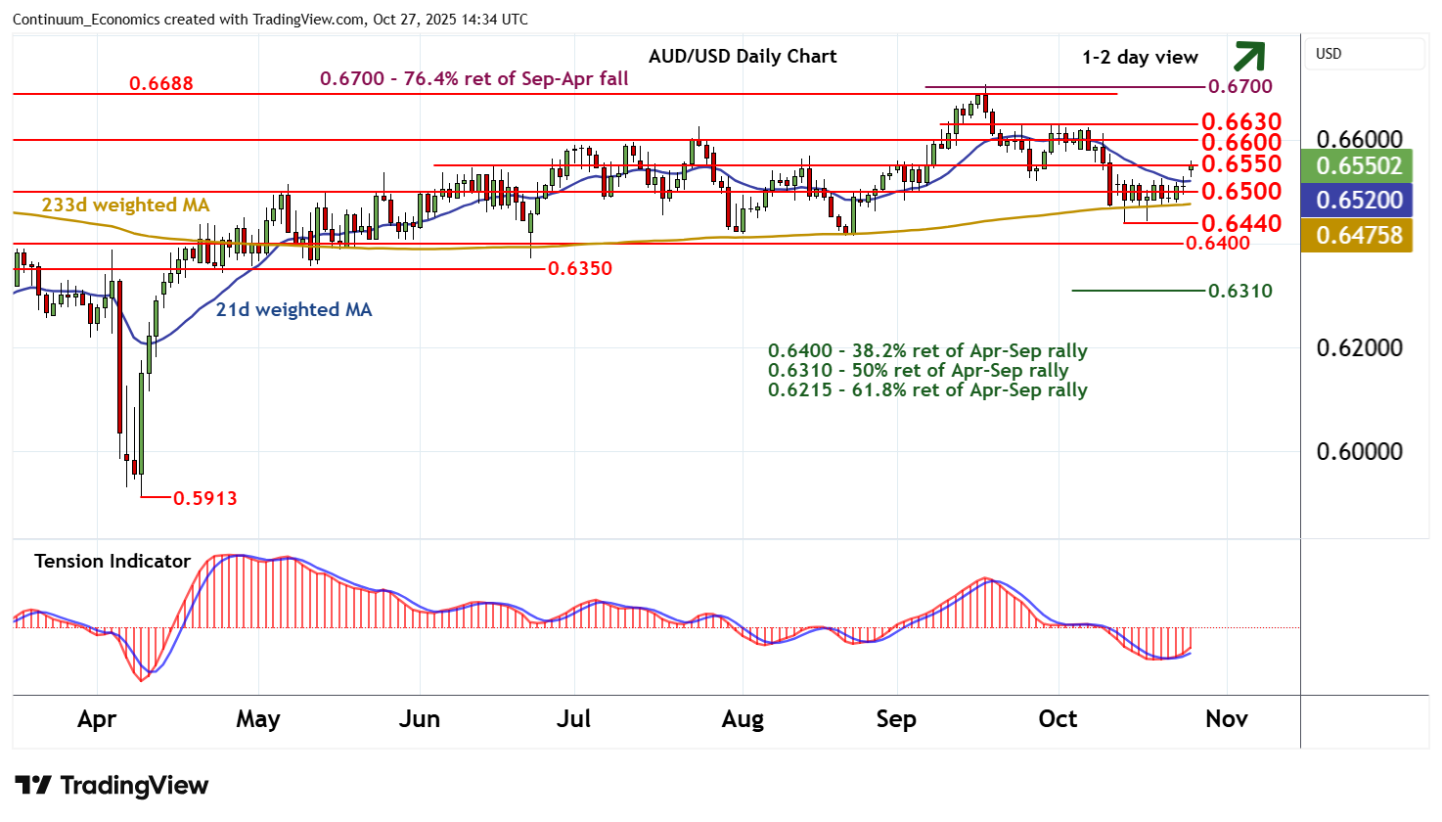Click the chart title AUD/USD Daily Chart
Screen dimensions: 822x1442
coord(743,56)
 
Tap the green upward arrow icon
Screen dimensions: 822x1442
coord(1249,57)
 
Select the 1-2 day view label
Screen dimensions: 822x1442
coord(1140,58)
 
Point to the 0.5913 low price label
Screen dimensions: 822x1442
coord(205,498)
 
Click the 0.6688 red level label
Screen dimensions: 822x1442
coord(161,83)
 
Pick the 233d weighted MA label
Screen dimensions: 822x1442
coord(125,205)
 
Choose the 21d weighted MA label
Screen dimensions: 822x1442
coord(293,309)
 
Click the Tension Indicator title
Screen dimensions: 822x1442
coord(113,561)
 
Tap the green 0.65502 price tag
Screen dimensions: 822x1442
coord(1359,165)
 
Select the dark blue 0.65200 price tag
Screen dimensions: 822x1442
coord(1359,200)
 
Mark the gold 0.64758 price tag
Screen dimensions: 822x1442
coord(1359,235)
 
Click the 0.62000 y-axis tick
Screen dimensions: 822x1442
coord(1359,348)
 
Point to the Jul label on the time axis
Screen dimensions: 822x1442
coord(573,719)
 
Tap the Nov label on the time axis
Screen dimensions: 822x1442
coord(1226,719)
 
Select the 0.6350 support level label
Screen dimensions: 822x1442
coord(580,268)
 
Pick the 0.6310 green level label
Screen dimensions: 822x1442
coord(1240,291)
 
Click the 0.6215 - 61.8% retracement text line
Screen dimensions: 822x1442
coord(927,389)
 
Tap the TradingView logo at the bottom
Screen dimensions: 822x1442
coord(112,786)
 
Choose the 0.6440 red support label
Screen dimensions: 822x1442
coord(1241,224)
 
